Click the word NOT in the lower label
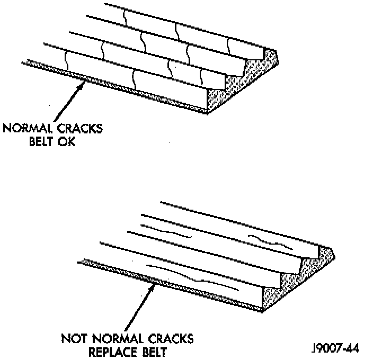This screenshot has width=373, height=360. (73, 338)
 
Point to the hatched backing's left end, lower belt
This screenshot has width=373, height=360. (79, 261)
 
